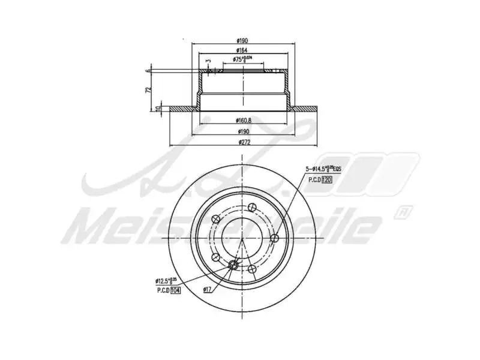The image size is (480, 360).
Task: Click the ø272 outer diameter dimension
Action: tap(244, 142)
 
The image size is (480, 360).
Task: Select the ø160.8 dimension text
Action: tap(244, 120)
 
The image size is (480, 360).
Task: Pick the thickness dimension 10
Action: tap(158, 109)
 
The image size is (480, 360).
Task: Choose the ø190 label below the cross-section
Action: tap(244, 131)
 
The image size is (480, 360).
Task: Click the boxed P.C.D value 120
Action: tap(327, 179)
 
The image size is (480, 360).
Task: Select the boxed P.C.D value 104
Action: tap(175, 290)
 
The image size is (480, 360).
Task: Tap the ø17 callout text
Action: tap(207, 290)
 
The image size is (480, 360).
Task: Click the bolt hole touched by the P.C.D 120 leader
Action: tap(275, 239)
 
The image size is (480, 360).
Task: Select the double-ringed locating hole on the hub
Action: tap(233, 265)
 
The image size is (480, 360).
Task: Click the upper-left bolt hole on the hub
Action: tap(215, 220)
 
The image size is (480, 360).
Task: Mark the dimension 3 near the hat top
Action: tap(209, 61)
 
